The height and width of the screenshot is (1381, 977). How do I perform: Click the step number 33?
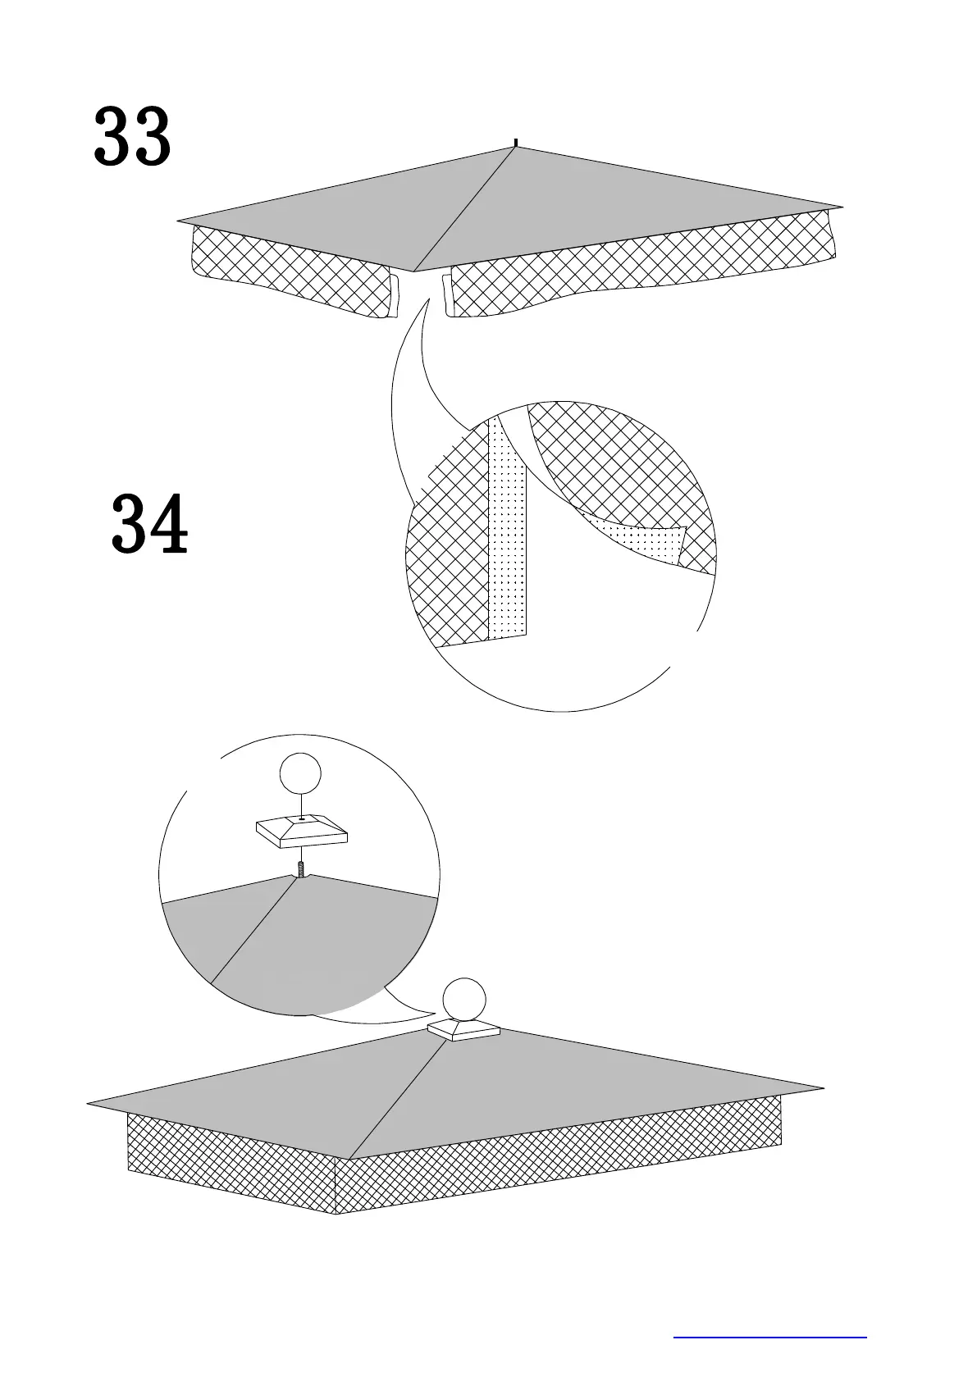click(132, 136)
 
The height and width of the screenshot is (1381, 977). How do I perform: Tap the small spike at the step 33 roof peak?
click(515, 144)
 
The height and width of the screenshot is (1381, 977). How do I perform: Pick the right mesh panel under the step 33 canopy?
click(640, 267)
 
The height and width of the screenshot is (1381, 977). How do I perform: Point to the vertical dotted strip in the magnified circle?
click(508, 533)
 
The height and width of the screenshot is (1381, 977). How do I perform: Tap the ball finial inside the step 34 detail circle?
click(299, 774)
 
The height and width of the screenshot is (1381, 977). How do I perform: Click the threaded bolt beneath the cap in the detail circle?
click(301, 868)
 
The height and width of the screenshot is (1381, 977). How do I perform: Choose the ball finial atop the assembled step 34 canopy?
click(463, 1000)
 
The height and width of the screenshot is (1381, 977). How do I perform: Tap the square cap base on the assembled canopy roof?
click(464, 1031)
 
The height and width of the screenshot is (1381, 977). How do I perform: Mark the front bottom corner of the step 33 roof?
click(413, 271)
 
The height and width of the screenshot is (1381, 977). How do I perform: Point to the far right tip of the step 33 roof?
click(842, 205)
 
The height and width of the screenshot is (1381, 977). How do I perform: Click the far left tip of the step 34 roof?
click(89, 1103)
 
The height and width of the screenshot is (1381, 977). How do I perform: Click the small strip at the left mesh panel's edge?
click(395, 295)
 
